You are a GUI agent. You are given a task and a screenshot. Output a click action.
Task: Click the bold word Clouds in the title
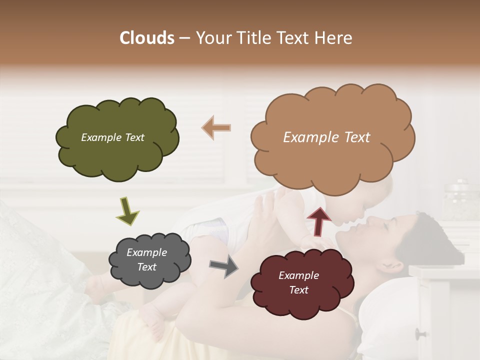[x=146, y=38]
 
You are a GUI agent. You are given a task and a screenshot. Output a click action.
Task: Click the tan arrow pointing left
[x=216, y=127]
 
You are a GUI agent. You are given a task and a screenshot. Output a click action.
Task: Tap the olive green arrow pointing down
[x=127, y=210]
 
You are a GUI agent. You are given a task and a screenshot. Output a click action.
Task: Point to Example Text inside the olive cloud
[x=112, y=137]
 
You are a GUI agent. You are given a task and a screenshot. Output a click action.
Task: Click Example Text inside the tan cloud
[x=326, y=137]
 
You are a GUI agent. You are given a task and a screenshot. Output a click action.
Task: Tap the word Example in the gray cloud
[x=146, y=252]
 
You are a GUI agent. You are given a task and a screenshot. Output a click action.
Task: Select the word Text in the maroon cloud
[x=298, y=290]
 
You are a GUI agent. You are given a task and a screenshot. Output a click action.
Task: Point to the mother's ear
[x=395, y=263]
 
